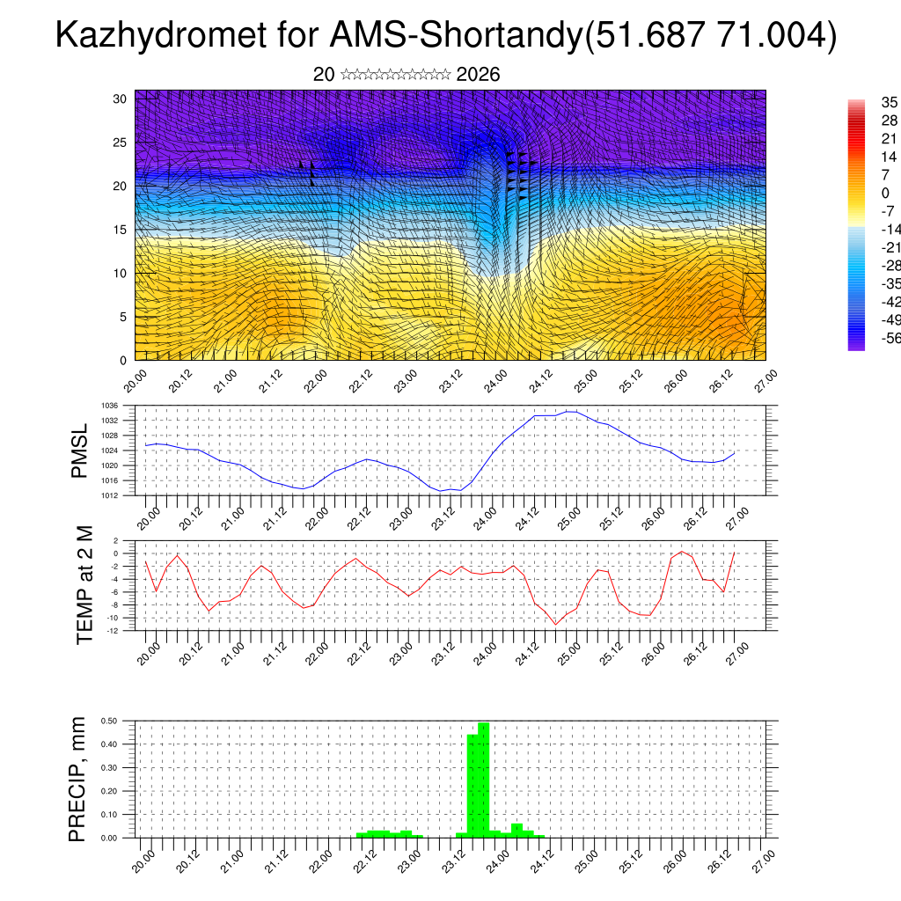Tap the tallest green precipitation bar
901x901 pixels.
tap(483, 779)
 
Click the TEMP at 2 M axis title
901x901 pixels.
tap(84, 584)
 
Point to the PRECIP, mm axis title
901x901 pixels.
tap(78, 779)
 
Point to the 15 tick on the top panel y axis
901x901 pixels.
tap(121, 230)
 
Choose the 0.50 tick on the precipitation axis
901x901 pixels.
tap(109, 721)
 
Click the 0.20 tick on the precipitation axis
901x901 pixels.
tap(109, 791)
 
